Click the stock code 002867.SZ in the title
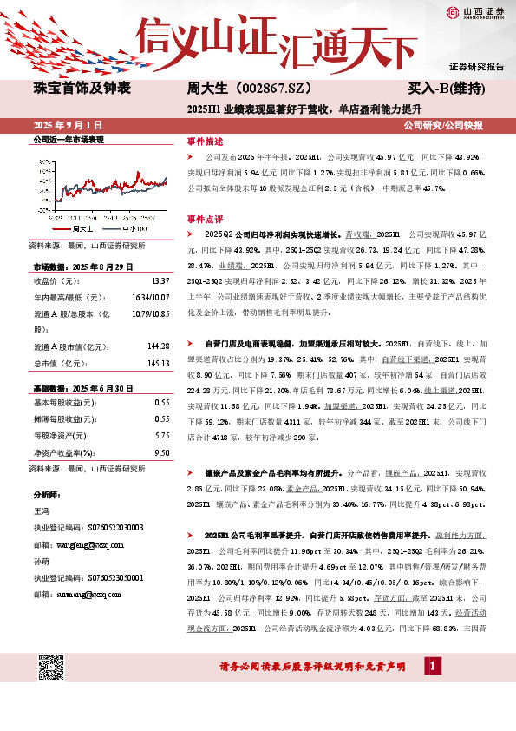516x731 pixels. click(262, 88)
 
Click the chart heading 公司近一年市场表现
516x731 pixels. click(68, 139)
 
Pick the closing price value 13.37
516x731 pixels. click(160, 281)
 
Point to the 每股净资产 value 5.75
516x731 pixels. click(161, 435)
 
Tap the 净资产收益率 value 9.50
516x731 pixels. click(161, 451)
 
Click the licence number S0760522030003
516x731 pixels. click(108, 527)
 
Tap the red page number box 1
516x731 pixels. click(430, 666)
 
